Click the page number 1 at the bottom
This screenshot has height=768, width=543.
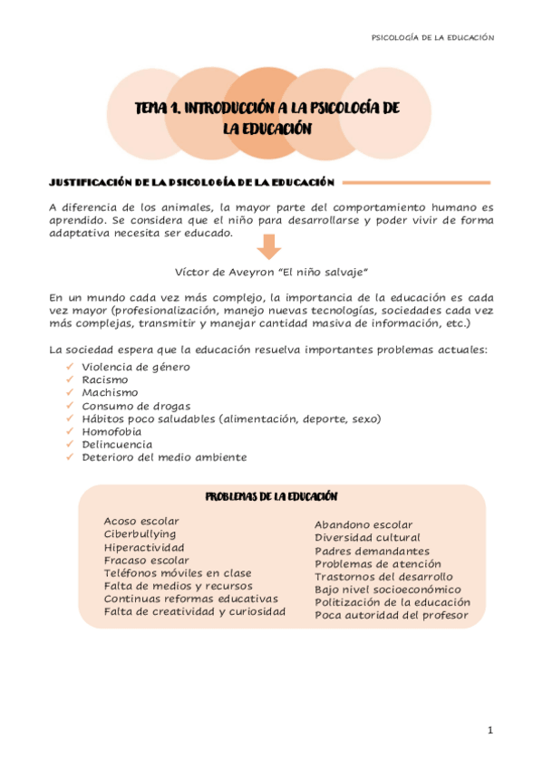click(489, 730)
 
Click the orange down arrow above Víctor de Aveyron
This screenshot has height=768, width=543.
click(269, 246)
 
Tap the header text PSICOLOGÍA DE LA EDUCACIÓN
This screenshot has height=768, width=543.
click(433, 38)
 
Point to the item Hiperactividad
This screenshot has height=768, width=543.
click(144, 547)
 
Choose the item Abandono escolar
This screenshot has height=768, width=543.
click(363, 524)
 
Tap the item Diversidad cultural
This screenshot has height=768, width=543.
click(367, 537)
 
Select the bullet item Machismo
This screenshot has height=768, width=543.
click(110, 392)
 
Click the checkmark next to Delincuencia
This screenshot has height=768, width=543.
click(70, 445)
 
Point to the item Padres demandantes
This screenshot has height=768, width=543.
click(372, 551)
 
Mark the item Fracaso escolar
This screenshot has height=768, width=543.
click(146, 560)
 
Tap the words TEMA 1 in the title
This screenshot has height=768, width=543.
click(157, 108)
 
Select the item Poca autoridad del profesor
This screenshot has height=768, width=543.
click(391, 616)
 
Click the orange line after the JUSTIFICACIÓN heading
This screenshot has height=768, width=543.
click(417, 182)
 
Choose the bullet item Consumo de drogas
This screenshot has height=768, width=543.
click(136, 406)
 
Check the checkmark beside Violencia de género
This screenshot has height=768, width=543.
click(70, 367)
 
